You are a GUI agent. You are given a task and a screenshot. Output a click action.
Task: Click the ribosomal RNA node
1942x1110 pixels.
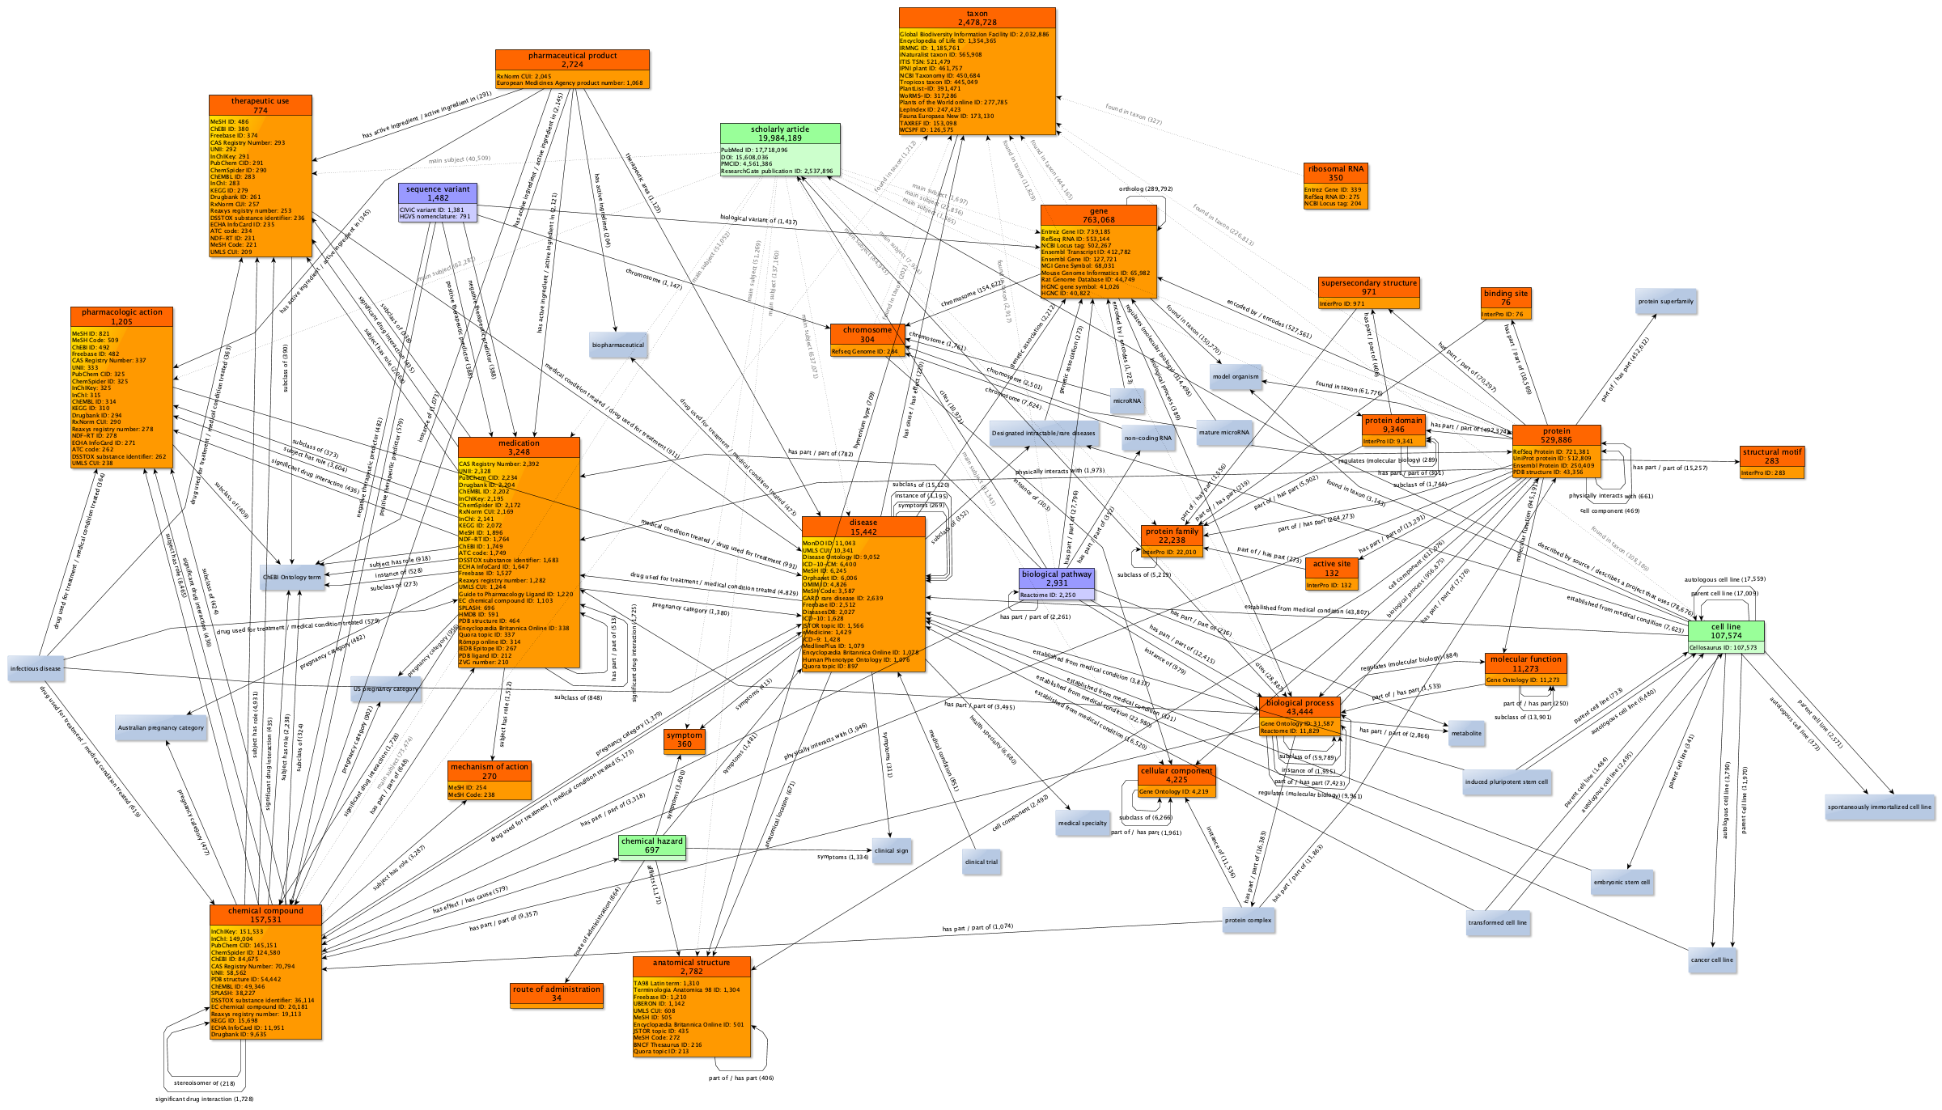tap(1335, 186)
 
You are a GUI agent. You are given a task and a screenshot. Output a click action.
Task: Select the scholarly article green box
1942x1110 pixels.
tap(780, 150)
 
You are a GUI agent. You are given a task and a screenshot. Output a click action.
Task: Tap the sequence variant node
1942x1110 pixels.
tap(438, 202)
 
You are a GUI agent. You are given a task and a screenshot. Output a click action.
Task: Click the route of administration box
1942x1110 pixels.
tap(557, 994)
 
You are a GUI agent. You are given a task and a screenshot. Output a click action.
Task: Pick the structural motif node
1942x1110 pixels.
tap(1772, 462)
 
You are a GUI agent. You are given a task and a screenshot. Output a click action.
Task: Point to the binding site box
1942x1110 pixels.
tap(1506, 303)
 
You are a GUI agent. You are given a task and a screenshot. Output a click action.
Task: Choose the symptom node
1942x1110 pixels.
tap(685, 741)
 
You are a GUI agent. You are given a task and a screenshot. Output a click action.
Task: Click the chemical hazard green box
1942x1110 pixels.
tap(652, 846)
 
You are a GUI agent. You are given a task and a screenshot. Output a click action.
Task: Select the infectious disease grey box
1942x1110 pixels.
tap(36, 669)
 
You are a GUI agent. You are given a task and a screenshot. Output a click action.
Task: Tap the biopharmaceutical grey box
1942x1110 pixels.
tap(618, 345)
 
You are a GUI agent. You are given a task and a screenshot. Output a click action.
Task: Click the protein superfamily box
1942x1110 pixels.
tap(1665, 302)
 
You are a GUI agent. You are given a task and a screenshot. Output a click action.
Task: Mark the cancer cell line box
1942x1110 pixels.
tap(1711, 960)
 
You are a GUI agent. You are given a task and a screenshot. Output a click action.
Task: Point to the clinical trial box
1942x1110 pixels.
tap(981, 862)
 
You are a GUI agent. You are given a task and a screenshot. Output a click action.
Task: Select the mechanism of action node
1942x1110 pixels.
tap(490, 780)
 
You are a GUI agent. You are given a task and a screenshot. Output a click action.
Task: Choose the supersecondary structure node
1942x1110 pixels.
tap(1368, 293)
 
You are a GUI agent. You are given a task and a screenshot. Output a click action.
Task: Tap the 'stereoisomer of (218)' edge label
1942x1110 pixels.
tap(204, 1083)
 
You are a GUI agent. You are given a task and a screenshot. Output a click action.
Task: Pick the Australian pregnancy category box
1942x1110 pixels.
tap(161, 728)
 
